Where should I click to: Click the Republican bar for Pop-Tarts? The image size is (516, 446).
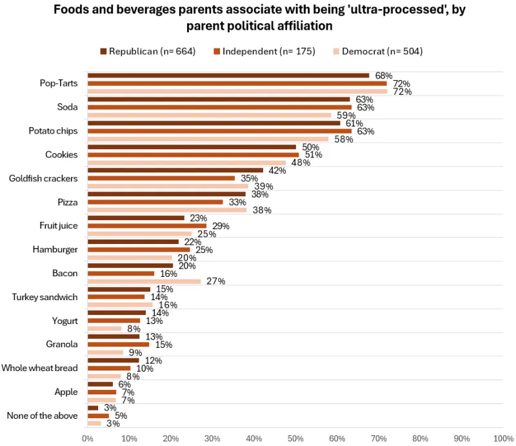coord(228,76)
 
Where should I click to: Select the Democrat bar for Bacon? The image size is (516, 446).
coord(144,281)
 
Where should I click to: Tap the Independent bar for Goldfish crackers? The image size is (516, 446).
coord(161,178)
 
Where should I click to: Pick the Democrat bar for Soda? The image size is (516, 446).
coord(209,116)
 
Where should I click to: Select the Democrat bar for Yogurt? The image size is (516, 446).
coord(104,329)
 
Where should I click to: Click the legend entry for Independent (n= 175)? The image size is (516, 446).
coord(264,51)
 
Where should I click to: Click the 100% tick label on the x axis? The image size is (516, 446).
coord(502,438)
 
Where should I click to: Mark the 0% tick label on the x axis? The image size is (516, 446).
coord(87,438)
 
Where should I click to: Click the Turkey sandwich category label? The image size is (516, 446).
coord(45,297)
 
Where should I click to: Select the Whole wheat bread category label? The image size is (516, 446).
coord(39,368)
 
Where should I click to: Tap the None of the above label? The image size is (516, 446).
coord(42,416)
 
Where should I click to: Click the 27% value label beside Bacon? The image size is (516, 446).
coord(215,281)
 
